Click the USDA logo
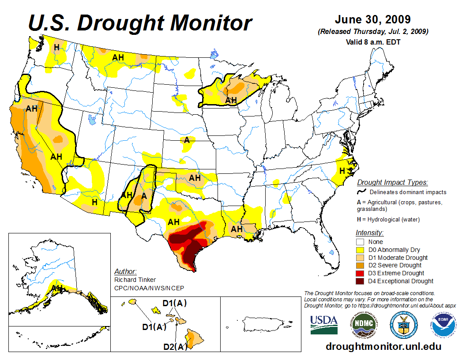point(324,325)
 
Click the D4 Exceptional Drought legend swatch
point(360,281)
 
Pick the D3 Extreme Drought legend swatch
point(360,273)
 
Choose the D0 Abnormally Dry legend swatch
point(360,250)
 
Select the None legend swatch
point(360,242)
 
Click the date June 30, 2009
point(372,20)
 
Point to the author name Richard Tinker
point(135,280)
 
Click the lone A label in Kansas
point(187,140)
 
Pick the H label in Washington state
point(56,47)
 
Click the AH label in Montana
point(118,57)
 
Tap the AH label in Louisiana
point(237,229)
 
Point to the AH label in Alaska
point(58,288)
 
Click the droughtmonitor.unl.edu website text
point(383,346)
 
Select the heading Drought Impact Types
point(392,183)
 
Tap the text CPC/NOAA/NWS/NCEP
point(149,288)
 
